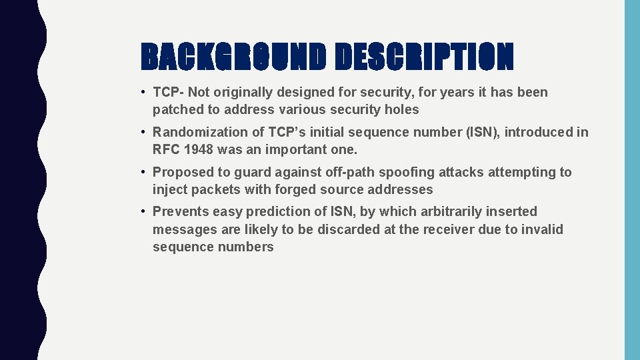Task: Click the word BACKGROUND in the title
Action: click(x=234, y=57)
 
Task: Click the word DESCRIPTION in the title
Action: click(x=424, y=57)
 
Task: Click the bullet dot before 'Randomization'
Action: click(x=144, y=132)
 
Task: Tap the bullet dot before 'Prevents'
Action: click(x=144, y=211)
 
